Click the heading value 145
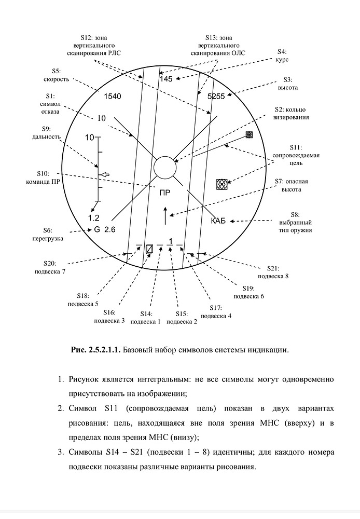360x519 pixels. [x=166, y=79]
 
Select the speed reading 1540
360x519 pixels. [x=112, y=97]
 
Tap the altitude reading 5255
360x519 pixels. [x=216, y=97]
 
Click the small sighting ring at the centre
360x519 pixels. [x=165, y=168]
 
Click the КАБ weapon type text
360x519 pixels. [x=218, y=222]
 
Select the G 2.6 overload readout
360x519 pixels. [x=104, y=229]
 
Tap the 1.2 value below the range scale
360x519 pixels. [x=93, y=217]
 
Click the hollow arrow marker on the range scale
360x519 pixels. [x=105, y=175]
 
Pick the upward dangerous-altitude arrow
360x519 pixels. [x=165, y=215]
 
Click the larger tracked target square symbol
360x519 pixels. [x=222, y=184]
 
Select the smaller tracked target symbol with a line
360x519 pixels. [x=249, y=135]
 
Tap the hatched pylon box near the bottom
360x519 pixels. [x=149, y=249]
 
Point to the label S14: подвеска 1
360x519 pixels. [x=146, y=318]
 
